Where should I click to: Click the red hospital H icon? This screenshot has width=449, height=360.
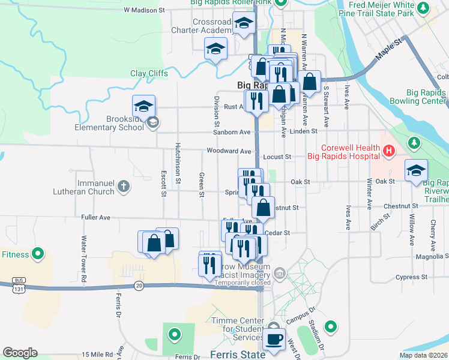pos(388,151)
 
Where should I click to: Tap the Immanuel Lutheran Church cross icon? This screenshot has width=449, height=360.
pos(124,186)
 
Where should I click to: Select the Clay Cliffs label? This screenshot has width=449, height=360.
pos(149,74)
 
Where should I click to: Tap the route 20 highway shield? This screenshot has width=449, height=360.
pos(139,286)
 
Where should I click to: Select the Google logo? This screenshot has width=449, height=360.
pos(20,353)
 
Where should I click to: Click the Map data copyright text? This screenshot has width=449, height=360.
pos(424,355)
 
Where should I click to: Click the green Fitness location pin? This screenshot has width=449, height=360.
pos(38,254)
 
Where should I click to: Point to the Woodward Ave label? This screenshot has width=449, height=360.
pos(228,151)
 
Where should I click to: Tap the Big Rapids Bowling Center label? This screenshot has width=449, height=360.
pos(417,97)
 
